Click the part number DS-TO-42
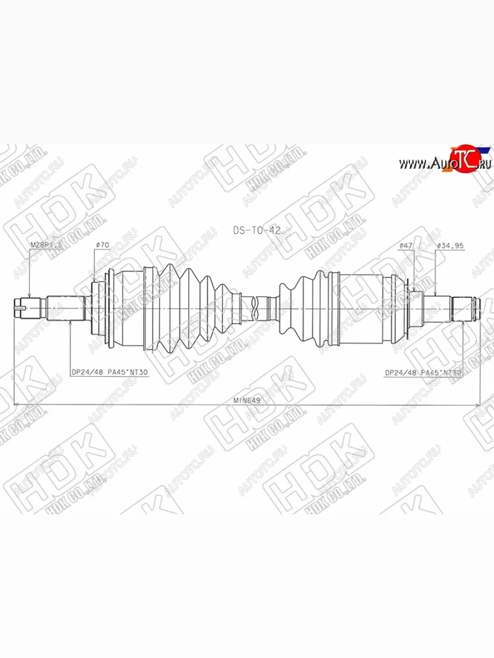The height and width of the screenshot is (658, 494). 256,230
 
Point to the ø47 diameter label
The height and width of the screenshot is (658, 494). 406,246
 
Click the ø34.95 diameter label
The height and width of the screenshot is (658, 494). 451,246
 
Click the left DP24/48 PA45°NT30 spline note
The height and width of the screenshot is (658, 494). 110,371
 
